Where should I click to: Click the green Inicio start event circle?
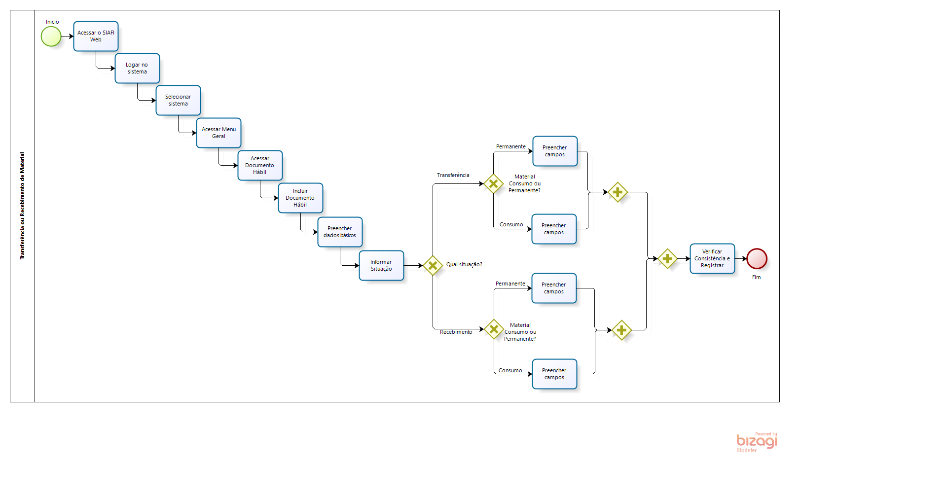click(x=51, y=36)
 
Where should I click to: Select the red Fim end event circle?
click(x=757, y=258)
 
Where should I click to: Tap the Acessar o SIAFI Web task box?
click(x=96, y=36)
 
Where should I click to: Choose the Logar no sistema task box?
click(x=137, y=68)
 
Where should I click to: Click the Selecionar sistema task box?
click(x=178, y=100)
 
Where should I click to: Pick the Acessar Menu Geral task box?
click(x=218, y=133)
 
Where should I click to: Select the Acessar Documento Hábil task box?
click(x=260, y=165)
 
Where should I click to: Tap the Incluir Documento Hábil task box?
click(x=300, y=198)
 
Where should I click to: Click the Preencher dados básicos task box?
click(x=340, y=232)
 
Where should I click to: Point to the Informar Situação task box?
click(x=381, y=265)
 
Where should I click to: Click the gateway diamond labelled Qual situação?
click(x=433, y=266)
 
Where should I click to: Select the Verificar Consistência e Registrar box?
click(x=712, y=258)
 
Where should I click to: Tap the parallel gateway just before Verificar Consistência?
click(x=667, y=258)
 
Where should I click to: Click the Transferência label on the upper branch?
click(x=453, y=175)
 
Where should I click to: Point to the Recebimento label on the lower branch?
click(x=456, y=332)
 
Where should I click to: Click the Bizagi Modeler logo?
click(x=757, y=442)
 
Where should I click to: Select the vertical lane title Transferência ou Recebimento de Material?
click(x=22, y=206)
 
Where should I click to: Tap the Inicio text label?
click(x=52, y=22)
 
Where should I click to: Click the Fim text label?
click(x=756, y=277)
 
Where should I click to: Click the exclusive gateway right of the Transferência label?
click(x=493, y=183)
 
